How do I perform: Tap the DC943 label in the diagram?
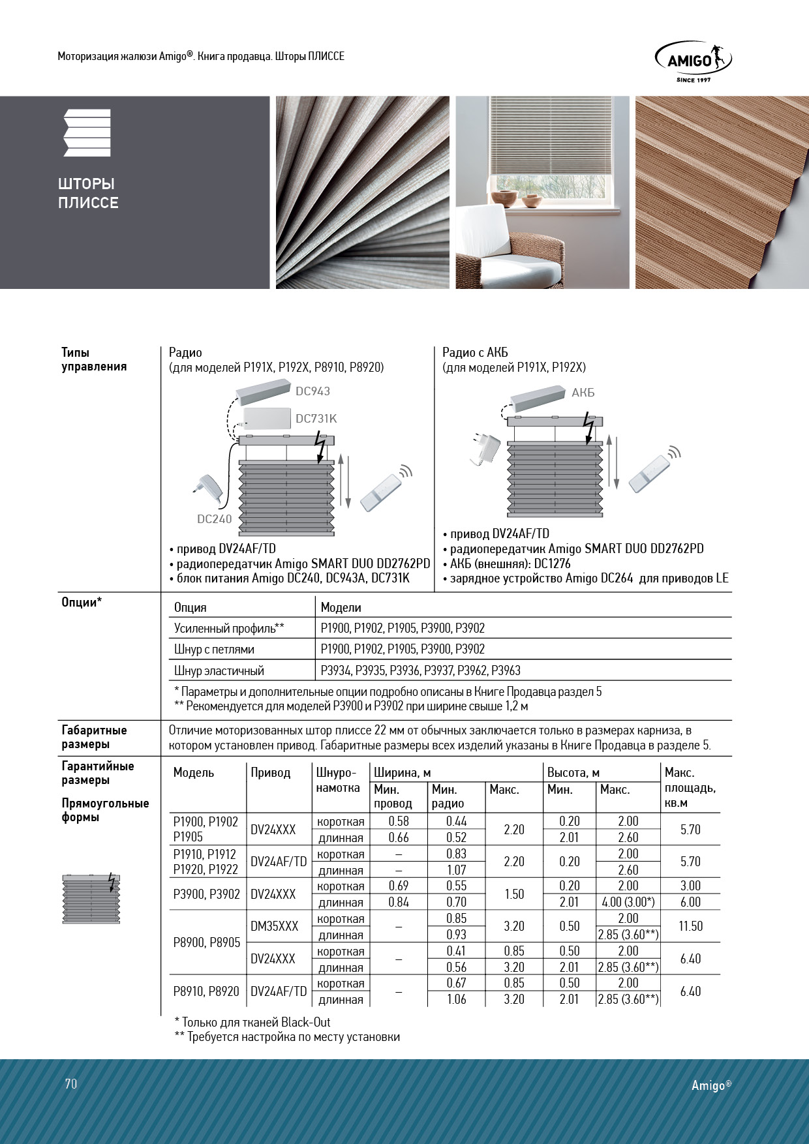pos(313,391)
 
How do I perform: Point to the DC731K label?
pos(316,419)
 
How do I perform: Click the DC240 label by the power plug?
pos(214,519)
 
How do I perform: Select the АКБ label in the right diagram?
pos(583,393)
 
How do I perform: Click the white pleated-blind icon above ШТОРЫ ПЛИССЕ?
pos(87,133)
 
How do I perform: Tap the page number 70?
pos(71,1083)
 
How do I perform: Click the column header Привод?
pos(270,773)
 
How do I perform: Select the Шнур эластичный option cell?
pos(219,670)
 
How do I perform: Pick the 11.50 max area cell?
pos(690,926)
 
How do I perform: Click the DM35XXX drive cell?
pos(274,926)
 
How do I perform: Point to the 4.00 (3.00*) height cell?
pos(628,902)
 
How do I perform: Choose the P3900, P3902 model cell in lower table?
pos(207,894)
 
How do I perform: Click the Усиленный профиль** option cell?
pos(229,629)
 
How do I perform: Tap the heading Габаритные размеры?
pos(94,737)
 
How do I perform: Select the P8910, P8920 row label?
pos(206,991)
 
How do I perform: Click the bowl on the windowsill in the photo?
pos(504,198)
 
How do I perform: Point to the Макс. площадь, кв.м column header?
pos(690,788)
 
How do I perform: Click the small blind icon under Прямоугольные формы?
pos(92,899)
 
